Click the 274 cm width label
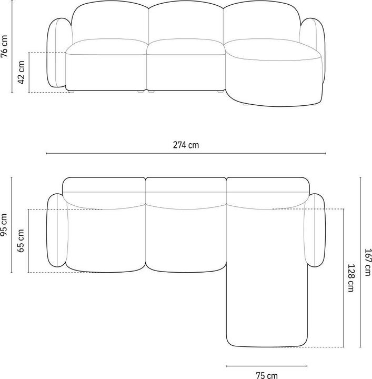(x=186, y=145)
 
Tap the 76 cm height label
(x=5, y=47)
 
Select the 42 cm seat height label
(x=22, y=72)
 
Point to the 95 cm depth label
(x=5, y=225)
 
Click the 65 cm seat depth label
(x=22, y=241)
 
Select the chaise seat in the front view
(x=271, y=53)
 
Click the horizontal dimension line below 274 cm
(x=186, y=154)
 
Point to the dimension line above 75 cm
(x=266, y=365)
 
